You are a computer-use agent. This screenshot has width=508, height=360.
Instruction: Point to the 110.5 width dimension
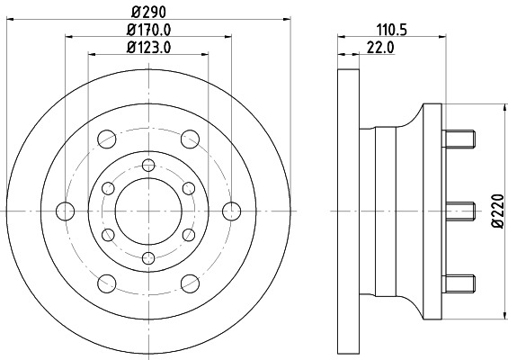pyautogui.click(x=391, y=29)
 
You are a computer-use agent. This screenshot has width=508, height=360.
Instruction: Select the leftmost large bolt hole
pyautogui.click(x=66, y=211)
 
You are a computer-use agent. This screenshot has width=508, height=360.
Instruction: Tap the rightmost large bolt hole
pyautogui.click(x=232, y=211)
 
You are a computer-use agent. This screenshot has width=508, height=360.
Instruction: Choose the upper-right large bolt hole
pyautogui.click(x=191, y=139)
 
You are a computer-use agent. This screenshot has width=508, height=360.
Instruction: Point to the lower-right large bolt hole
pyautogui.click(x=191, y=283)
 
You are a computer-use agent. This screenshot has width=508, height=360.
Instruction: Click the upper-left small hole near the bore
pyautogui.click(x=109, y=187)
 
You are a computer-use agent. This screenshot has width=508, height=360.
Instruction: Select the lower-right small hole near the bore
pyautogui.click(x=189, y=234)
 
